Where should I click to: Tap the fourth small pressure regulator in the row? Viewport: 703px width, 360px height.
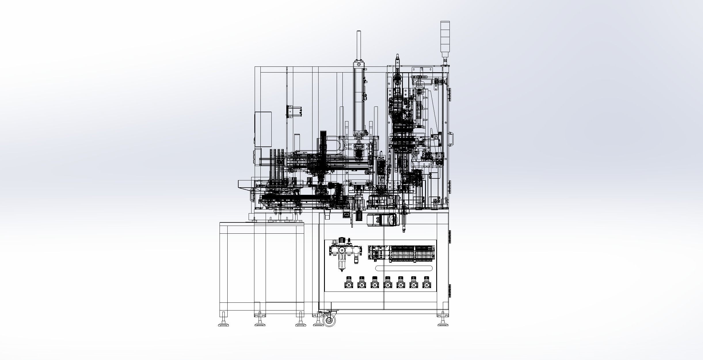(387, 283)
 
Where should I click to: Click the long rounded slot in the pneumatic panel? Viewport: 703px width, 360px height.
(404, 268)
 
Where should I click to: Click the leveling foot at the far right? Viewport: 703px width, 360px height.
(443, 324)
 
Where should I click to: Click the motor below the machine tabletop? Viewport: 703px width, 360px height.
(382, 220)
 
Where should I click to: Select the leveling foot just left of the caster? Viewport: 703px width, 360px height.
(317, 324)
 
